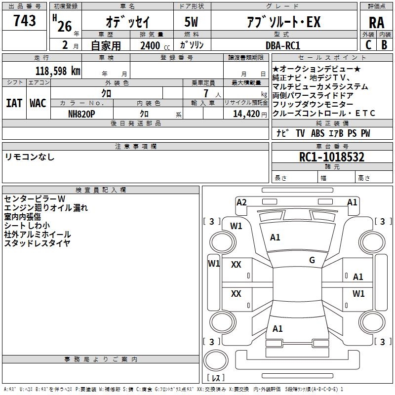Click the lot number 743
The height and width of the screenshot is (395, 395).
pos(24,20)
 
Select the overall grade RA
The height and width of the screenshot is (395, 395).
pos(376,23)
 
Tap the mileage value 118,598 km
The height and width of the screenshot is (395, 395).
pos(58,71)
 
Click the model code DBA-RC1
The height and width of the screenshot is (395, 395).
pos(283,45)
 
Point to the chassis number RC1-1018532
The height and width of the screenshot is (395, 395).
pos(332,157)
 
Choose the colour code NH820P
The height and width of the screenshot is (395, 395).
pos(81,114)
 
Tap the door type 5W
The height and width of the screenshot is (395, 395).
pos(191,22)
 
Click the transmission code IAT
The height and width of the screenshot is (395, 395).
pos(14,103)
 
